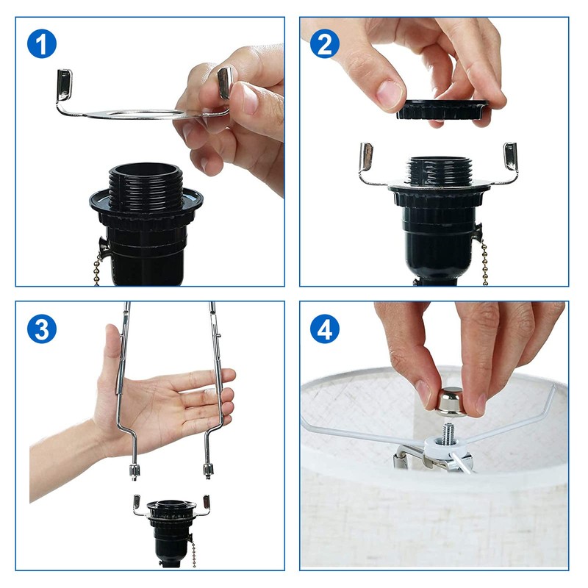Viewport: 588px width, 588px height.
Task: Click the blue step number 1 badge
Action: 42,44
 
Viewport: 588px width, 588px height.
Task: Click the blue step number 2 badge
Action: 325,44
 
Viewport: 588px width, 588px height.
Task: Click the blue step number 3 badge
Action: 42,329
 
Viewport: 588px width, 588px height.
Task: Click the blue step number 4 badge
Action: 325,329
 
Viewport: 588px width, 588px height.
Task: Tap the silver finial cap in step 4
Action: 451,402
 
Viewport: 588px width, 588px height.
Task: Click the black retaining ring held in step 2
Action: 442,110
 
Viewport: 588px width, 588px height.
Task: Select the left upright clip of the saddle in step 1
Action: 64,85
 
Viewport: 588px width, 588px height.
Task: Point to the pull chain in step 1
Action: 97,268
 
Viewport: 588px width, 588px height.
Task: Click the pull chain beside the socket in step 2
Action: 485,262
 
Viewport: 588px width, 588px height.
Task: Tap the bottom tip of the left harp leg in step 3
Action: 135,479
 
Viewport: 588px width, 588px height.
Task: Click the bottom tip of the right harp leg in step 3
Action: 208,477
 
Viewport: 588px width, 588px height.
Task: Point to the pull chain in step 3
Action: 193,554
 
